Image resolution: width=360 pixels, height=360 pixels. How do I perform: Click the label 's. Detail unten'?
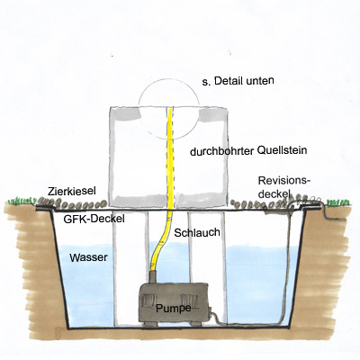click(238, 81)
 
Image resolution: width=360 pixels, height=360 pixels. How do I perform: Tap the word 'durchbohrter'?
click(222, 151)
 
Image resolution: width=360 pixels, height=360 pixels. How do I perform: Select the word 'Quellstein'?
click(283, 150)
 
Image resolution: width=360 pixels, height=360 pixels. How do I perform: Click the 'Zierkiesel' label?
click(72, 191)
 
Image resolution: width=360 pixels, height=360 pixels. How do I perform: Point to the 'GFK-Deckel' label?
click(94, 220)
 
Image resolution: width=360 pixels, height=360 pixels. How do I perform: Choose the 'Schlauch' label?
click(197, 233)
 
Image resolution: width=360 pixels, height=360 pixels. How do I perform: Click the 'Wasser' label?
click(88, 257)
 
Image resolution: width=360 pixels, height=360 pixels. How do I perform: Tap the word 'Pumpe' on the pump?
click(174, 309)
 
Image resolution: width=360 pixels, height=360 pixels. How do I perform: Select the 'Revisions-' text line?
click(283, 181)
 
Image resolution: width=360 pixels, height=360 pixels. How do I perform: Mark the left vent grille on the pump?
click(149, 301)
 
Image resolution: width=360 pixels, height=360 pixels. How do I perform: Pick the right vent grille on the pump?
click(189, 300)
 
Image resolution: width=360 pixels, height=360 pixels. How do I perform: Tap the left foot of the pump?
click(150, 324)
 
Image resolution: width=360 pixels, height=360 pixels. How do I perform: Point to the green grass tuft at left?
click(21, 201)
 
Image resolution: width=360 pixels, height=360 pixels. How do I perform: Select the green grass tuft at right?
click(338, 202)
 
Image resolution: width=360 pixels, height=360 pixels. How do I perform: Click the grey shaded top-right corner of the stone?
click(212, 115)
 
